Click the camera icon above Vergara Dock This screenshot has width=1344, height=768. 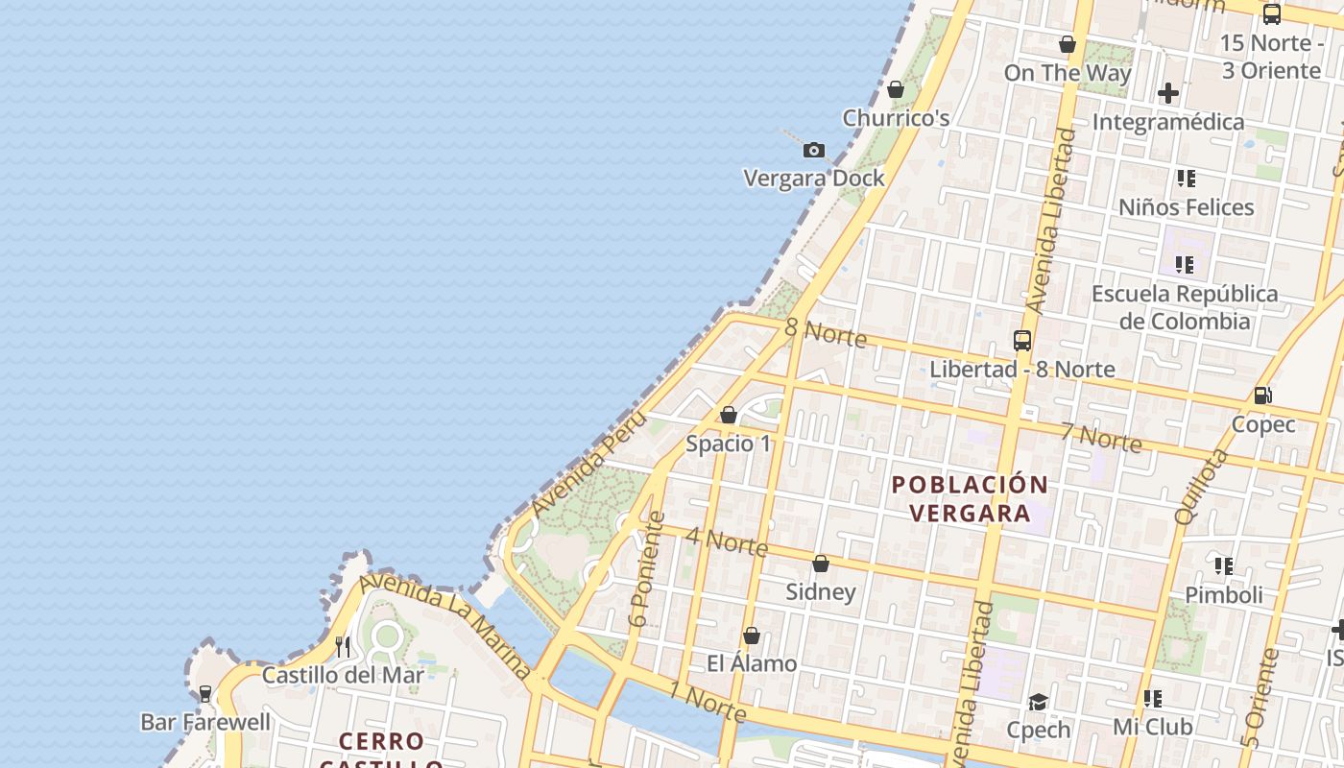814,150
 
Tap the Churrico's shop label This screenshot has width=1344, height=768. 896,118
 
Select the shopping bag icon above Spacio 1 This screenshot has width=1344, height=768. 729,415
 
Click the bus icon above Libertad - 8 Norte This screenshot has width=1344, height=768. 1022,340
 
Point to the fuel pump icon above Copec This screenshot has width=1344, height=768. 1263,395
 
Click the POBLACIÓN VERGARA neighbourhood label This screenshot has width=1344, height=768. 970,498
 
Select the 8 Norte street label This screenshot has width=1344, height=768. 826,333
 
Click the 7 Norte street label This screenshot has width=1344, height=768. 1101,437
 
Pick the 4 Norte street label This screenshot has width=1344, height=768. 727,541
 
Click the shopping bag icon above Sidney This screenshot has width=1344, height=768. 821,564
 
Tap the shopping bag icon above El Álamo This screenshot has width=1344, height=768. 752,636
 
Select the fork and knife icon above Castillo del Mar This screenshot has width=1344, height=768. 343,646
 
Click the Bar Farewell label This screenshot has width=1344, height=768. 205,721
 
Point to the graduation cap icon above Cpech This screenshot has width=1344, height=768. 1038,702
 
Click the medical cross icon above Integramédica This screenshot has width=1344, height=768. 1168,93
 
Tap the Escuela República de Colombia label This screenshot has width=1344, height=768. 1185,307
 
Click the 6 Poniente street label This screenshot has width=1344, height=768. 646,569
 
